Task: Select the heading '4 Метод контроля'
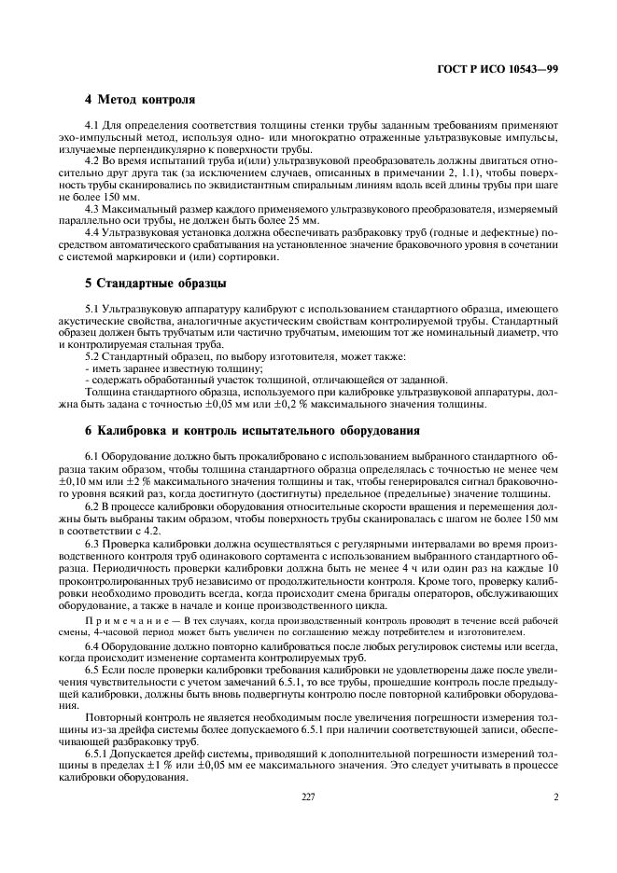[140, 99]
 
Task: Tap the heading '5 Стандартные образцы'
[154, 281]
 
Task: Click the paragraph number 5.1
[92, 308]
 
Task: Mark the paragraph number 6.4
[92, 645]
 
